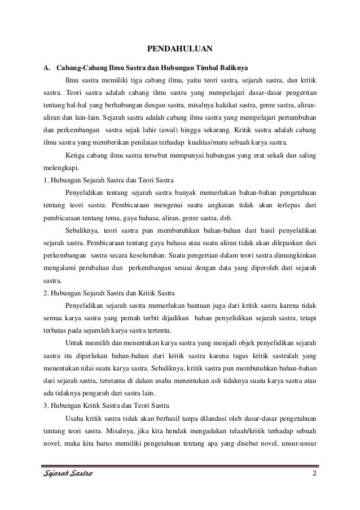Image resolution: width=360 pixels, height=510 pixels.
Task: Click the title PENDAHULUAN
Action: [179, 47]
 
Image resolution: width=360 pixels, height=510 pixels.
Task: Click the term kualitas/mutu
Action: [197, 142]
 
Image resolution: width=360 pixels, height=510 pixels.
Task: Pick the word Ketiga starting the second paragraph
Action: [77, 155]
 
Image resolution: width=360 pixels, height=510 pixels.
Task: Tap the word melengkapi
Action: [62, 167]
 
